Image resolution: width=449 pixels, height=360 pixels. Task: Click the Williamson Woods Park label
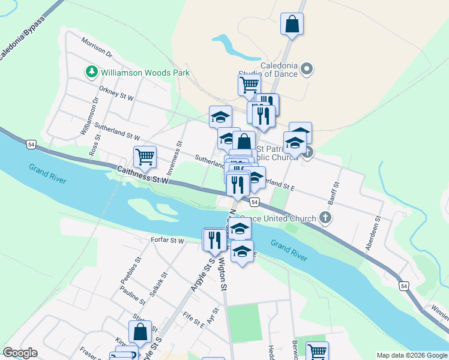145,73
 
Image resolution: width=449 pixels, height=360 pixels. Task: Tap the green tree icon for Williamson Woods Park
92,73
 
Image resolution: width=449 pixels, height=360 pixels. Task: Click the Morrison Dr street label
97,49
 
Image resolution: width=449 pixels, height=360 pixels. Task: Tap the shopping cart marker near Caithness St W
145,157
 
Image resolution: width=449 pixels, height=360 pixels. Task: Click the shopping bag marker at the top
292,25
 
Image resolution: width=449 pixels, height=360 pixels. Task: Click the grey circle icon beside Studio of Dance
307,70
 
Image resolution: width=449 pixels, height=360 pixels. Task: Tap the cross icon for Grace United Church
325,218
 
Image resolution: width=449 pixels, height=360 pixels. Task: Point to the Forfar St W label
168,241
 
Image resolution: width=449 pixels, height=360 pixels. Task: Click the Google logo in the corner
20,353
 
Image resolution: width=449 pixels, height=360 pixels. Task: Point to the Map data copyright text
411,355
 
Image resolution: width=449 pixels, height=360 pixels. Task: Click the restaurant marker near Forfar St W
214,240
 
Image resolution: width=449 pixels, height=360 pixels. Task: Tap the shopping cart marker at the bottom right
316,352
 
